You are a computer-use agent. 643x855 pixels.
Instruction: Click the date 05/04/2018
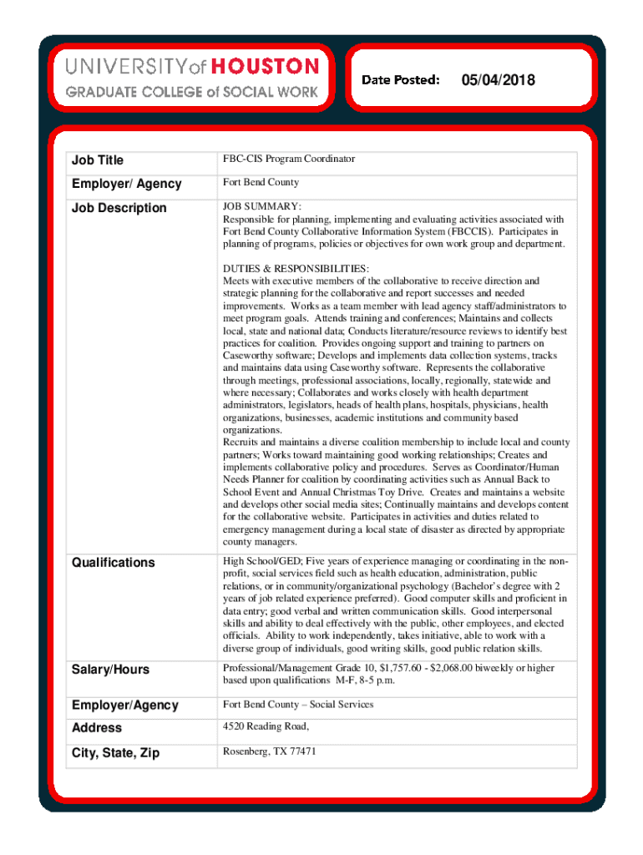pos(498,80)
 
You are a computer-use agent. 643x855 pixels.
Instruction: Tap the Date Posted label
pos(401,80)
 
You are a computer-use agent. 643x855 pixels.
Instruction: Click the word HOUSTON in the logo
pos(265,66)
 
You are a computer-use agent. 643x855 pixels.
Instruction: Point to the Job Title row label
pos(99,159)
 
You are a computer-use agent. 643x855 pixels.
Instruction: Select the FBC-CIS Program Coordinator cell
pos(288,159)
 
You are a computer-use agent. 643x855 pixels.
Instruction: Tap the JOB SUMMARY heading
pos(261,206)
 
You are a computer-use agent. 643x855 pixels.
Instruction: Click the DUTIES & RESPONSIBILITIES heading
pos(295,269)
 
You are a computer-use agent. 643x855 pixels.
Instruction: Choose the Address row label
pos(97,728)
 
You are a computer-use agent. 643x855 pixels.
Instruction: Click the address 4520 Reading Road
pos(266,726)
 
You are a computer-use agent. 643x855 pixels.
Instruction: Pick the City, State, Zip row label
pos(115,753)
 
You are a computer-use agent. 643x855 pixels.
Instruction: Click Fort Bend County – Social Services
pos(297,704)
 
